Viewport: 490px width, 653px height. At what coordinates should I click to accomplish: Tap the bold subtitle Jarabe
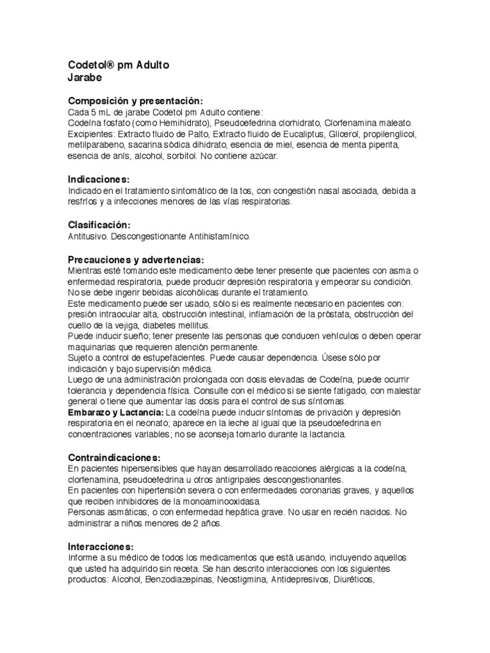coord(85,78)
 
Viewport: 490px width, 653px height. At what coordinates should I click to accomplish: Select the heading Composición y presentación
coord(135,101)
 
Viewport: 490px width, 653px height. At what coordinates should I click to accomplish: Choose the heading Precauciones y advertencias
coord(136,260)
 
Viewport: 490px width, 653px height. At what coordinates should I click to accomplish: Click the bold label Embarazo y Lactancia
coord(115,413)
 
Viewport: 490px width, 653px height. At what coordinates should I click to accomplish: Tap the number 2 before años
coord(204,524)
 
